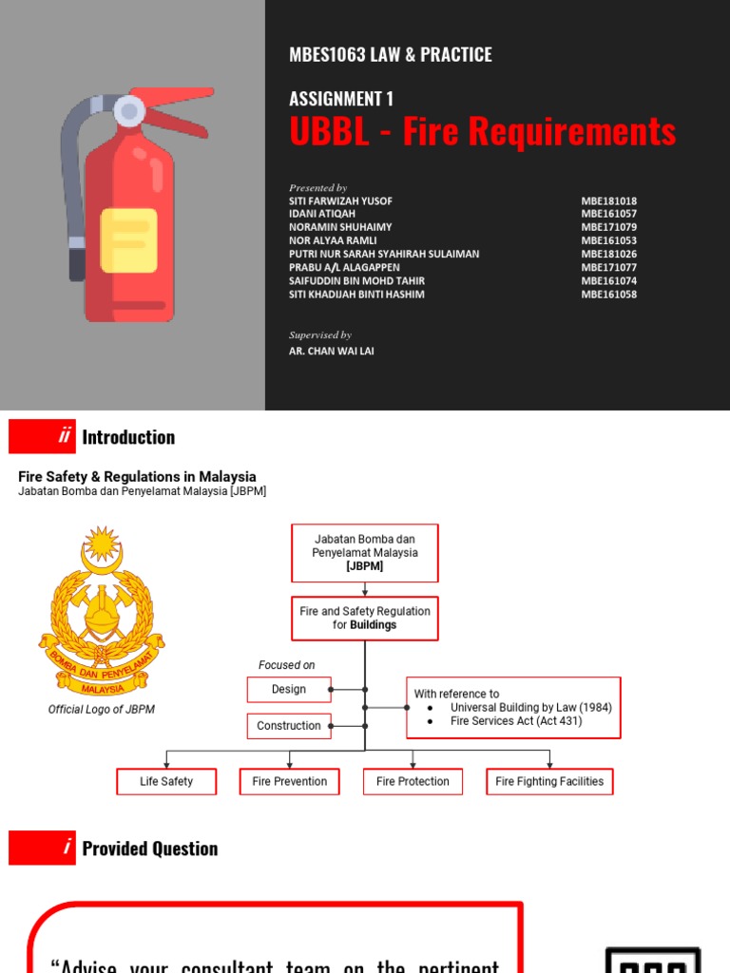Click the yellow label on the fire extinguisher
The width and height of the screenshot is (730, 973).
click(129, 240)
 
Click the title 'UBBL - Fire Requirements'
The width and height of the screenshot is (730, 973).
click(482, 132)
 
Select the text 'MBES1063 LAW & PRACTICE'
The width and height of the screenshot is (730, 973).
click(390, 55)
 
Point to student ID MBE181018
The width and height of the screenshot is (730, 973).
click(608, 201)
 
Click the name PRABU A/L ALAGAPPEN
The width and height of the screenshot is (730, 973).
click(344, 268)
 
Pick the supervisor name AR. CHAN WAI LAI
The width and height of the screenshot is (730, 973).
click(331, 351)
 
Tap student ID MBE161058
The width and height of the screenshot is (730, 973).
click(608, 295)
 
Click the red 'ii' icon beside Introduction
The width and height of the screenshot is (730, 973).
click(42, 437)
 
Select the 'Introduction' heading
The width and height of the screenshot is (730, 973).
click(128, 437)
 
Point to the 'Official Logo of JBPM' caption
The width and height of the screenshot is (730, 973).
click(102, 710)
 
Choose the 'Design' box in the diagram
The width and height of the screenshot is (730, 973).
click(289, 690)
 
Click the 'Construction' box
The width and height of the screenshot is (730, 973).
click(289, 726)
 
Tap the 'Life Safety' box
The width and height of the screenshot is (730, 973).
click(166, 782)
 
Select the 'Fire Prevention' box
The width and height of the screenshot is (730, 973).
click(289, 782)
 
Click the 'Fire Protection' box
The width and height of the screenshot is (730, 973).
click(413, 782)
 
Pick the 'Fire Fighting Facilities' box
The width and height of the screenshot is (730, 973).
click(549, 782)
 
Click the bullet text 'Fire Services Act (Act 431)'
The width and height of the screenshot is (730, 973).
click(516, 721)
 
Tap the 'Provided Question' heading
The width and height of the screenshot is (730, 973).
click(149, 849)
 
